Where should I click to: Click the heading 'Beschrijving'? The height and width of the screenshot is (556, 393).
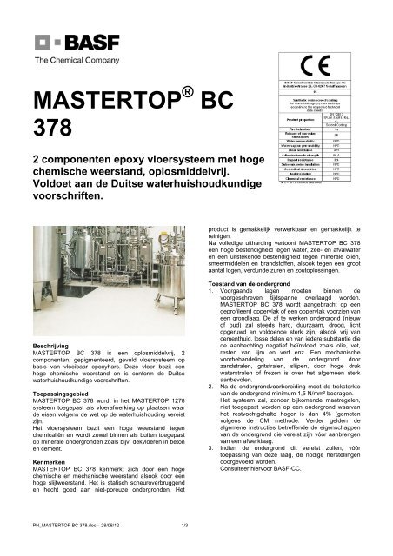(51, 345)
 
